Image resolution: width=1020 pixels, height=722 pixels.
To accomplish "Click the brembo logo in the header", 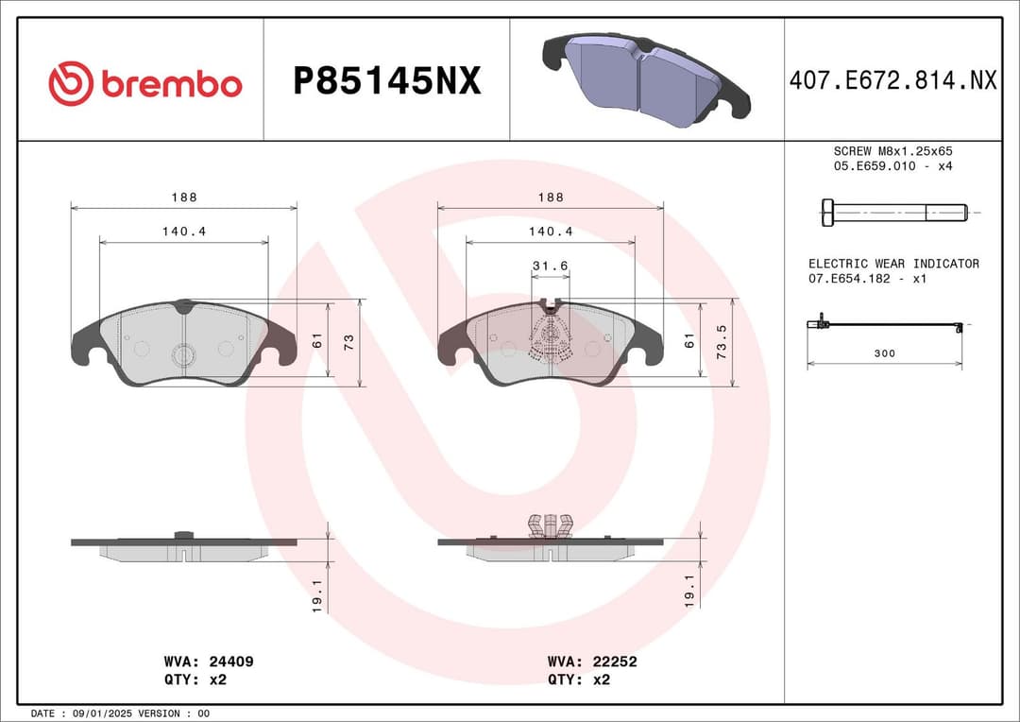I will point(144,83).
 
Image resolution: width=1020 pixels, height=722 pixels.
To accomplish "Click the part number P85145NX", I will point(387,82).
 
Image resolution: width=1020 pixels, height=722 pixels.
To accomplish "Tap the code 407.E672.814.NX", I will point(892,81).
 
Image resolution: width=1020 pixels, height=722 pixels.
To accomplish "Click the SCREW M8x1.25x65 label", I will point(892,151).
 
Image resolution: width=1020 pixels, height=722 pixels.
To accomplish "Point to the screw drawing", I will point(893,212).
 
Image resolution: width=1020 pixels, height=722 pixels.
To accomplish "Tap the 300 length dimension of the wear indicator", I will point(885,353).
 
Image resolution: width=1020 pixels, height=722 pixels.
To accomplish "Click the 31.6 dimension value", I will point(550,266).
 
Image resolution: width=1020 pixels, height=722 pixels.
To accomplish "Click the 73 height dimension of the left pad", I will point(348,343).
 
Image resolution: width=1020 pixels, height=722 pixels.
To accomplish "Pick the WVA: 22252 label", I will point(592,662).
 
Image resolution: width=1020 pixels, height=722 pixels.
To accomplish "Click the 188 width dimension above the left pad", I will point(184,198).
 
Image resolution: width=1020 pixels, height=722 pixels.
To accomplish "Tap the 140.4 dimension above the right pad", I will point(551,232).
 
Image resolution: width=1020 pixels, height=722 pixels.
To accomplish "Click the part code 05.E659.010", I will point(875,166).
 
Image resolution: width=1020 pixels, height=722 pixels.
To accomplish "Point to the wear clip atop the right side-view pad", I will point(551,524).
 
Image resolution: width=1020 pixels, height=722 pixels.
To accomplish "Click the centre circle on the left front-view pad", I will point(183,354).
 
